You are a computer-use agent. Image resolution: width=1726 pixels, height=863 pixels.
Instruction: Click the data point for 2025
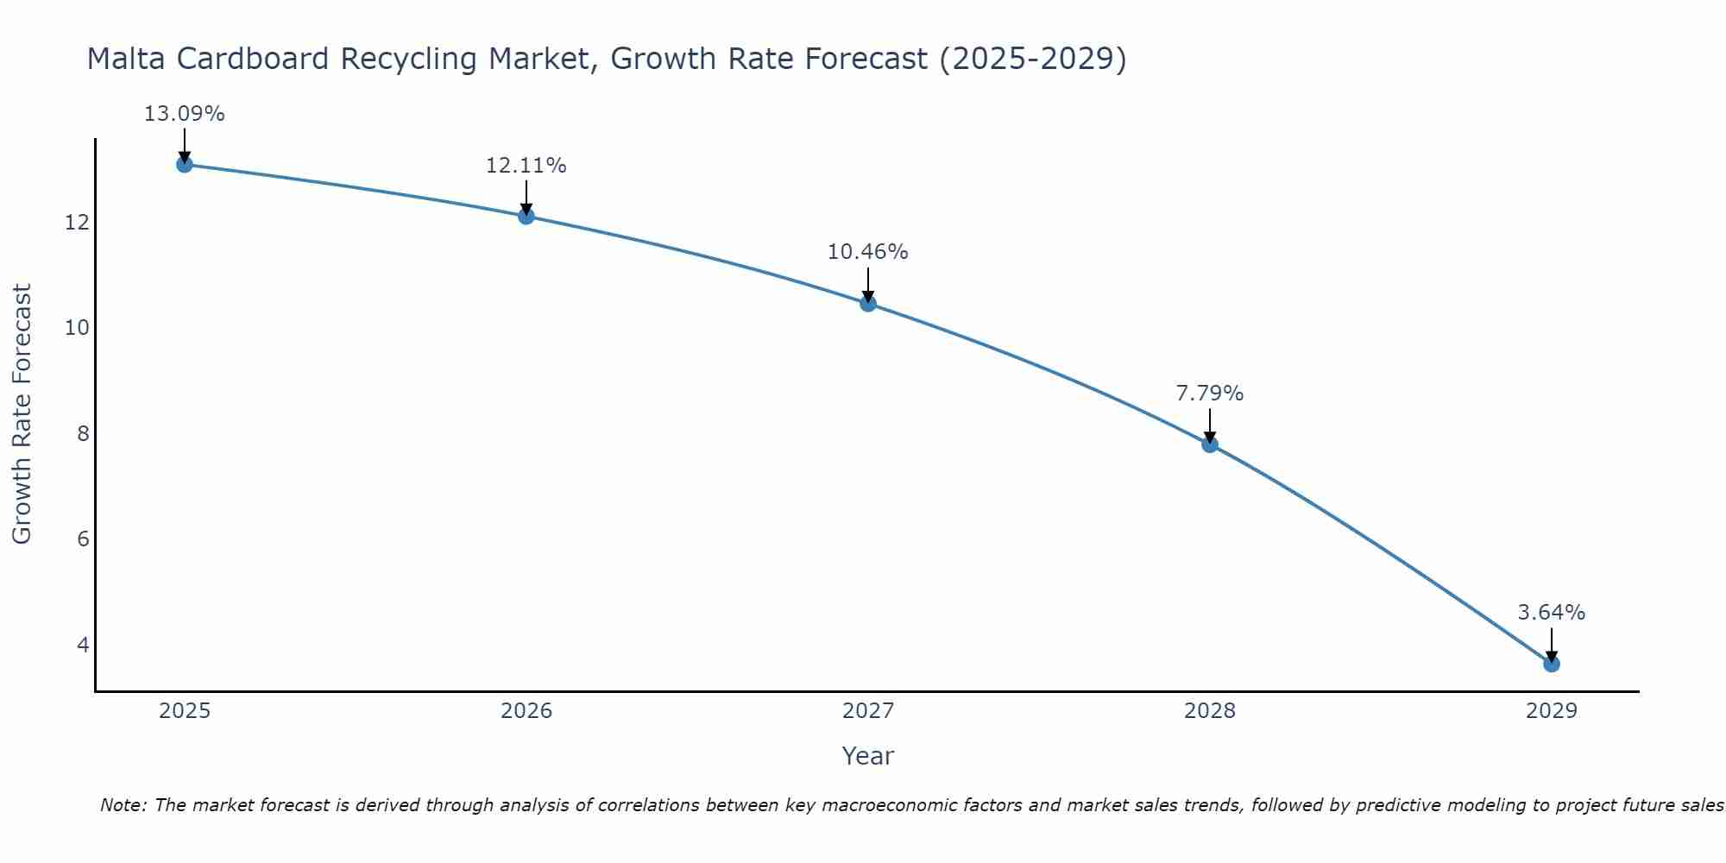click(x=184, y=164)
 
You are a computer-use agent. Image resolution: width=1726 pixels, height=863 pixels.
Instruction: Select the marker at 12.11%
click(x=526, y=216)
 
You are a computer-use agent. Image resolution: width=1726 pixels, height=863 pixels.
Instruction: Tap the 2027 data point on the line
click(x=868, y=303)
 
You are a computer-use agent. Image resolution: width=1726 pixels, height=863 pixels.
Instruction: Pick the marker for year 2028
click(x=1210, y=444)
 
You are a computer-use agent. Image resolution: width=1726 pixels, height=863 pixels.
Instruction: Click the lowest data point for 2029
click(x=1552, y=664)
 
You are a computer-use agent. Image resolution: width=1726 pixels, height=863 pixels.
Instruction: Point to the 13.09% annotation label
click(x=184, y=114)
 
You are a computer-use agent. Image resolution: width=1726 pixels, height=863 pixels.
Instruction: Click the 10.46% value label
click(x=868, y=252)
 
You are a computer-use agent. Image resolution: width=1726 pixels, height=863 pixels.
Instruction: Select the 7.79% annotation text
click(x=1210, y=394)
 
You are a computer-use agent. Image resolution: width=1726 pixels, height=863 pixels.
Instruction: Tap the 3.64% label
click(x=1552, y=613)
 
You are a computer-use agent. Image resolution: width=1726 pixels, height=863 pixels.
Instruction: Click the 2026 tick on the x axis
click(x=526, y=711)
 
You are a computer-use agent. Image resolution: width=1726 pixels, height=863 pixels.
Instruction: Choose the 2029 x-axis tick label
click(x=1552, y=711)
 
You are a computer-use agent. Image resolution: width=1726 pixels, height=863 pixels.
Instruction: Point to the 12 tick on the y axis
click(x=78, y=223)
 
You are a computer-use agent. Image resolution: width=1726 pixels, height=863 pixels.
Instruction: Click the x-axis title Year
click(x=868, y=756)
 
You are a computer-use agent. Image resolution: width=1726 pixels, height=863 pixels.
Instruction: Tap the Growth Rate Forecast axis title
click(x=22, y=414)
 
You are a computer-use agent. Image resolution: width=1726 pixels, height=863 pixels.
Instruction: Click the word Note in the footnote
click(x=123, y=805)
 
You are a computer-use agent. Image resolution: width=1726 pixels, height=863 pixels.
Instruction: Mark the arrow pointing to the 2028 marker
click(x=1210, y=425)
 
